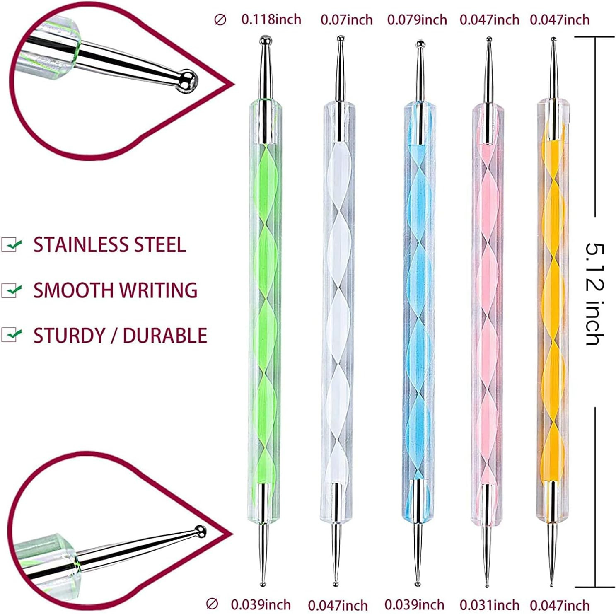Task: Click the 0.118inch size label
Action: (271, 19)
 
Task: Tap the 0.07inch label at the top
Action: (346, 19)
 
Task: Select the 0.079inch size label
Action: (417, 19)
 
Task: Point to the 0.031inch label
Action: (489, 604)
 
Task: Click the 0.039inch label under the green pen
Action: (261, 604)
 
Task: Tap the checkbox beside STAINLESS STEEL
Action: (11, 244)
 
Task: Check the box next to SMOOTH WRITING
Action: (11, 290)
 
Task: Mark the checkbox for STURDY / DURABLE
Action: (11, 334)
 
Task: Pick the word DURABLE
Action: (165, 335)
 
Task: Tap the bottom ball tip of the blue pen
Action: (418, 584)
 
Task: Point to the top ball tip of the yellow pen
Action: (553, 39)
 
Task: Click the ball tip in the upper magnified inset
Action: (187, 80)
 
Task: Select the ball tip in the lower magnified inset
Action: (200, 531)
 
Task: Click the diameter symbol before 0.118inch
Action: (220, 19)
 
